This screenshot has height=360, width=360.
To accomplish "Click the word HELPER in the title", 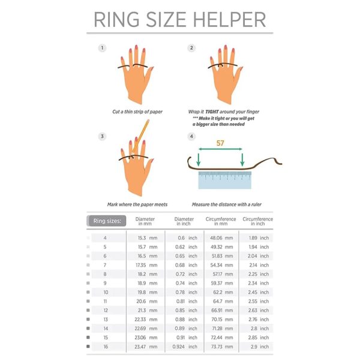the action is click(229, 20).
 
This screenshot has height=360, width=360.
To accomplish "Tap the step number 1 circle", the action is click(102, 48).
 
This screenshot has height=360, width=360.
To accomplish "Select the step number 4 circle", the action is click(191, 136).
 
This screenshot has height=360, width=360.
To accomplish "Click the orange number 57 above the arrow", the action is click(220, 143).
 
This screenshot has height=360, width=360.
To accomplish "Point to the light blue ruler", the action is click(225, 180).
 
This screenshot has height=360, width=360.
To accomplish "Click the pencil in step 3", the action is click(140, 136).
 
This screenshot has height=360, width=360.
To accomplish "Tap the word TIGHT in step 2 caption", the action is click(212, 112).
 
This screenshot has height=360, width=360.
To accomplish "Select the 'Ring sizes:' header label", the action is click(107, 221).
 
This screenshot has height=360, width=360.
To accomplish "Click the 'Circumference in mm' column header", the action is click(221, 221).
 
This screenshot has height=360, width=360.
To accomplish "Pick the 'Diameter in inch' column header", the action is click(184, 221).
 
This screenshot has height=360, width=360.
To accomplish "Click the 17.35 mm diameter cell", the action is click(146, 265).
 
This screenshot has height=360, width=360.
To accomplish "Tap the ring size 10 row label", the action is click(106, 292).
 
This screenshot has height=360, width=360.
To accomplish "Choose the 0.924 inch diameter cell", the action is click(185, 347).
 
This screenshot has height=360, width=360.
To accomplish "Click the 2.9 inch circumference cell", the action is click(260, 347).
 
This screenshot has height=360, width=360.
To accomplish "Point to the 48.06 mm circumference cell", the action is click(221, 238).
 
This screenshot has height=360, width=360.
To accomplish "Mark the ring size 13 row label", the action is click(106, 319).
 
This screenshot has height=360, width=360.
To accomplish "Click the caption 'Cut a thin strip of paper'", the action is click(137, 112).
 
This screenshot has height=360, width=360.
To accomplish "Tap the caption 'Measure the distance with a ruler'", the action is click(227, 205).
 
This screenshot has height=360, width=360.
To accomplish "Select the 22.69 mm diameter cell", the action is click(146, 329).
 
